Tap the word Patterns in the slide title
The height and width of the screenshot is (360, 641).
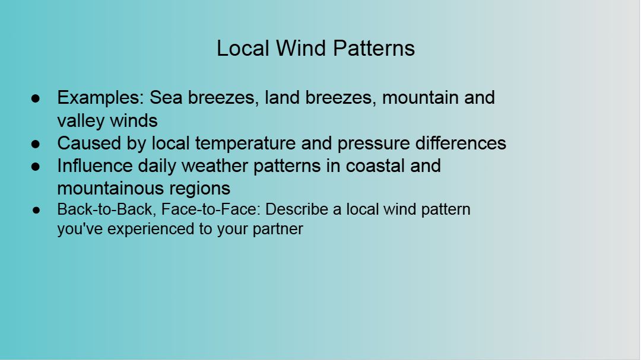(374, 48)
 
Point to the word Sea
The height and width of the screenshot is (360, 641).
(166, 98)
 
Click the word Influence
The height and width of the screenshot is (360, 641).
(95, 166)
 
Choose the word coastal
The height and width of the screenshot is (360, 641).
(375, 166)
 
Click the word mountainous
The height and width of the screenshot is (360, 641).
(110, 189)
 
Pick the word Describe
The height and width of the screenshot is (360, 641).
(297, 209)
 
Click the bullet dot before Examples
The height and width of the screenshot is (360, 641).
(36, 98)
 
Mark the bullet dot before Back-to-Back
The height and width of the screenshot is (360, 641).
(36, 210)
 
